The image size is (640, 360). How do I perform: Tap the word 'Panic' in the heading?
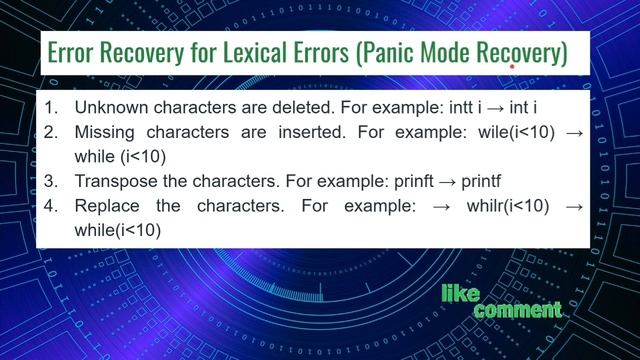click(390, 53)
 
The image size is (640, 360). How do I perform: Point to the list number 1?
click(53, 106)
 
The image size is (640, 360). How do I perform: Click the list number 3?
click(53, 182)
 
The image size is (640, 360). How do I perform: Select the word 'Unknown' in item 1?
click(108, 106)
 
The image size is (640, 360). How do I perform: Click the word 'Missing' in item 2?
click(103, 132)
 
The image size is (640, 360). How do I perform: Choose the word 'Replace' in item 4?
click(107, 207)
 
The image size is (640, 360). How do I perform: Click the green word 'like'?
click(462, 293)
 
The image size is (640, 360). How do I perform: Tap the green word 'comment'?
click(517, 311)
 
